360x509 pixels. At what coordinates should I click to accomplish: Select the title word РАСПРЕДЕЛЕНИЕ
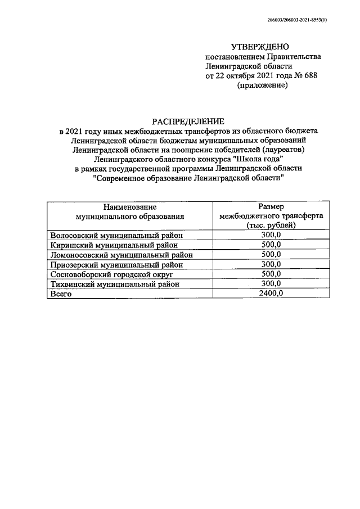point(188,120)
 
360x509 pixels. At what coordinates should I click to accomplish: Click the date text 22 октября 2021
point(245,76)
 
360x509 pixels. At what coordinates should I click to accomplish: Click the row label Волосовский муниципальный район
point(116,235)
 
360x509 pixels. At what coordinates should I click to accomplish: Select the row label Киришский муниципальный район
point(114,245)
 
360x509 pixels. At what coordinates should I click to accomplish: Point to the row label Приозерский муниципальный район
point(116,264)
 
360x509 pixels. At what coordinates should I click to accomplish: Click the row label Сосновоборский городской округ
point(111,274)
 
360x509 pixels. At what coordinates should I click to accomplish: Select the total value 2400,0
point(271,294)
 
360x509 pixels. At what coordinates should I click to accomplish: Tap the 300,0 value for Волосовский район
point(271,235)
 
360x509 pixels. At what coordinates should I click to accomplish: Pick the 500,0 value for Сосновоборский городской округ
point(271,274)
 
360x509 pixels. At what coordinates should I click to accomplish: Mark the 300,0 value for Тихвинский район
point(271,283)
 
